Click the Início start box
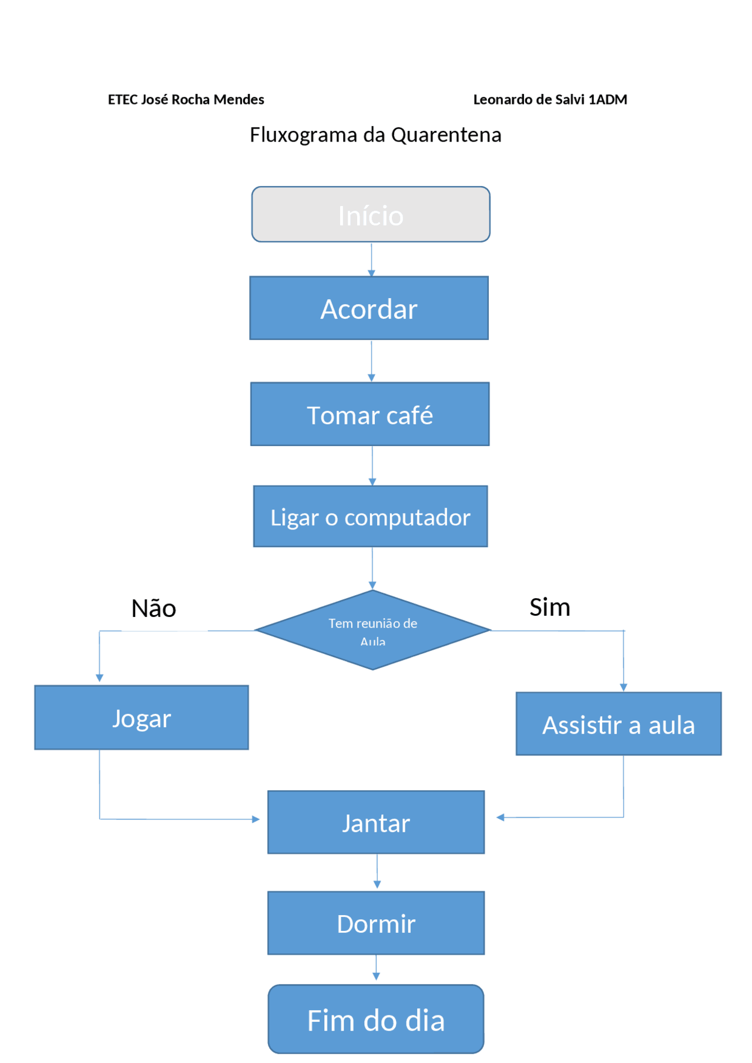coord(371,215)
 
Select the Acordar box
coord(369,308)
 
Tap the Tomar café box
coord(370,414)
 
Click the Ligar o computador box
coord(370,517)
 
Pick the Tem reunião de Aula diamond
coord(372,630)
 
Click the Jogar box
coord(142,718)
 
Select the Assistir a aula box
coord(618,724)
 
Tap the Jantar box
coord(376,822)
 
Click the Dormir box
coord(376,923)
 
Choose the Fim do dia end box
coord(376,1020)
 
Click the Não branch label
coord(153,609)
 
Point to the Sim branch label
coord(549,608)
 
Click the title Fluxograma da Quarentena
coord(375,135)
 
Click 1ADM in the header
coord(607,100)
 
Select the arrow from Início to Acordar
coord(371,259)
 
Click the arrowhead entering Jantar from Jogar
coord(256,819)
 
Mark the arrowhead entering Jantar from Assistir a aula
coord(500,818)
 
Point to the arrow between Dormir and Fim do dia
coord(376,968)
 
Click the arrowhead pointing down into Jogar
coord(99,678)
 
